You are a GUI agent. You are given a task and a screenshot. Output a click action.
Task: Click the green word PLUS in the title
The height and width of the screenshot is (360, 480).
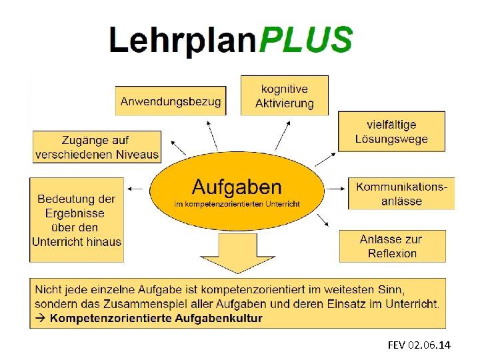click(x=305, y=39)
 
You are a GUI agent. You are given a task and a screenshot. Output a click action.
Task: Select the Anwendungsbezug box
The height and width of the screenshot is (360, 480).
click(x=170, y=101)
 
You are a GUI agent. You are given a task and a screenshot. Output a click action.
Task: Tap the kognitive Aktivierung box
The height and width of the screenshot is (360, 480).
click(x=284, y=95)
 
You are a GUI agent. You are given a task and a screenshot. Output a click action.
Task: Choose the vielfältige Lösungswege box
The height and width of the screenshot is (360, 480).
click(x=391, y=131)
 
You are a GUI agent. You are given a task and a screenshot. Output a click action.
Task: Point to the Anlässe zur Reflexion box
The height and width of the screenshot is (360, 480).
click(x=392, y=246)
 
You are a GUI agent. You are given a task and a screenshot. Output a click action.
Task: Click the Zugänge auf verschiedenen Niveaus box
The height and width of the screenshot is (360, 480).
click(x=97, y=147)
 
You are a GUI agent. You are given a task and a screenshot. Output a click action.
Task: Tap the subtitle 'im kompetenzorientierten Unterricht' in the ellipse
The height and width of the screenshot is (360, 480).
click(x=237, y=203)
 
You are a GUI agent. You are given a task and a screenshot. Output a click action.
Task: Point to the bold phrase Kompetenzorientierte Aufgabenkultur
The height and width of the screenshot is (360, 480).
click(x=156, y=318)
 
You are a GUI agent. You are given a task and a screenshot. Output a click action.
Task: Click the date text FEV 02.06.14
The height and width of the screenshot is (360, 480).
click(x=419, y=345)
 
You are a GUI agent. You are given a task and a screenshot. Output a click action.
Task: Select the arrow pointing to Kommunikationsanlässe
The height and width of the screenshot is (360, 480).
click(x=338, y=189)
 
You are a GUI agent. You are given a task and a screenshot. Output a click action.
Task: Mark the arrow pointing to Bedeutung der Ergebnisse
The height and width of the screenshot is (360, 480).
click(x=136, y=189)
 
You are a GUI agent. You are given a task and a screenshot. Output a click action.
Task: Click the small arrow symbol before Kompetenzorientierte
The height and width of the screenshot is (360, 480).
click(x=40, y=318)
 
